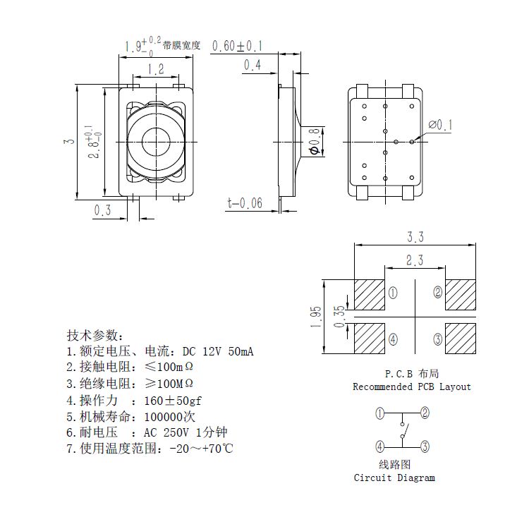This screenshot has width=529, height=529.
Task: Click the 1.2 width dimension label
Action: click(x=155, y=69)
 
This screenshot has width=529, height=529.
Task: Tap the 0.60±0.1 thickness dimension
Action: click(x=237, y=47)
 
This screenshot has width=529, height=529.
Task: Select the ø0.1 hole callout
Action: click(x=440, y=126)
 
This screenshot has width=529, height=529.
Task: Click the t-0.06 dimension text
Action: click(x=244, y=203)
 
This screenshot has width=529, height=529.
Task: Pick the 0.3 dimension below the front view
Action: click(x=103, y=209)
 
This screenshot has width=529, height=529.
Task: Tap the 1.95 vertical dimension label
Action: click(x=315, y=316)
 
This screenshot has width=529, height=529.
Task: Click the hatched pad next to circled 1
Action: click(x=369, y=293)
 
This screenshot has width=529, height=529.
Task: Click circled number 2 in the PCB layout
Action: click(x=438, y=292)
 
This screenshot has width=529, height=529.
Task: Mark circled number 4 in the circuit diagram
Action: click(x=379, y=446)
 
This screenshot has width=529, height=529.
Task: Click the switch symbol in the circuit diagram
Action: click(x=402, y=430)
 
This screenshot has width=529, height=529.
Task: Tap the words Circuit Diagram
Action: click(x=394, y=478)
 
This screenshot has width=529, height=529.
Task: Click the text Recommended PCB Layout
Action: click(x=412, y=387)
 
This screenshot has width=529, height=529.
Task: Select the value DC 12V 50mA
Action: click(x=217, y=351)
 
